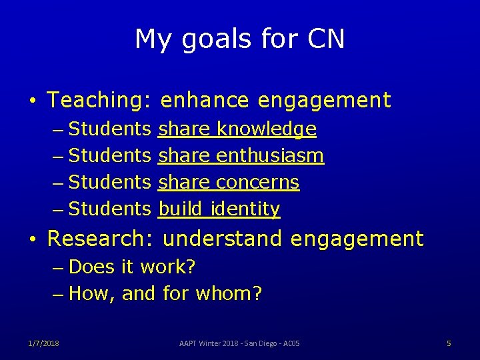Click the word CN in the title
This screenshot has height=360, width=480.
coord(327,39)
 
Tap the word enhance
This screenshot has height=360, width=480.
coord(205,101)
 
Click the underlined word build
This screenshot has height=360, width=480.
coord(181,209)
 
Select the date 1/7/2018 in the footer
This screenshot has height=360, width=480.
coord(43,343)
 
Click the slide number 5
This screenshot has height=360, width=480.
coord(449,343)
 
